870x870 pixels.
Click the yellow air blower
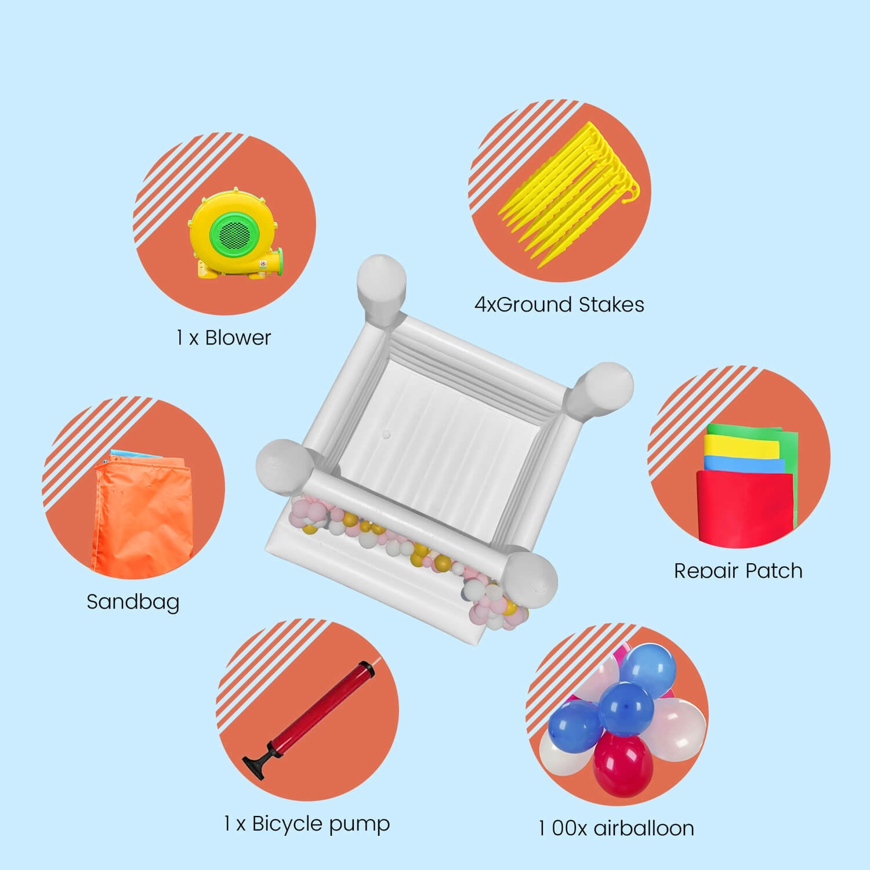tap(235, 232)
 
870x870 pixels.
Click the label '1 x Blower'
tap(223, 338)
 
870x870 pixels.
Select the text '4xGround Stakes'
tap(559, 304)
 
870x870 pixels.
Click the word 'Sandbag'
tap(133, 602)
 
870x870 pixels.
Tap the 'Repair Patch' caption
tap(738, 571)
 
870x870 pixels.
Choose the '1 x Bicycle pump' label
tap(307, 824)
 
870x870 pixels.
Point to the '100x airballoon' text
tap(616, 828)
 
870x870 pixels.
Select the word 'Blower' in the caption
tap(238, 338)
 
